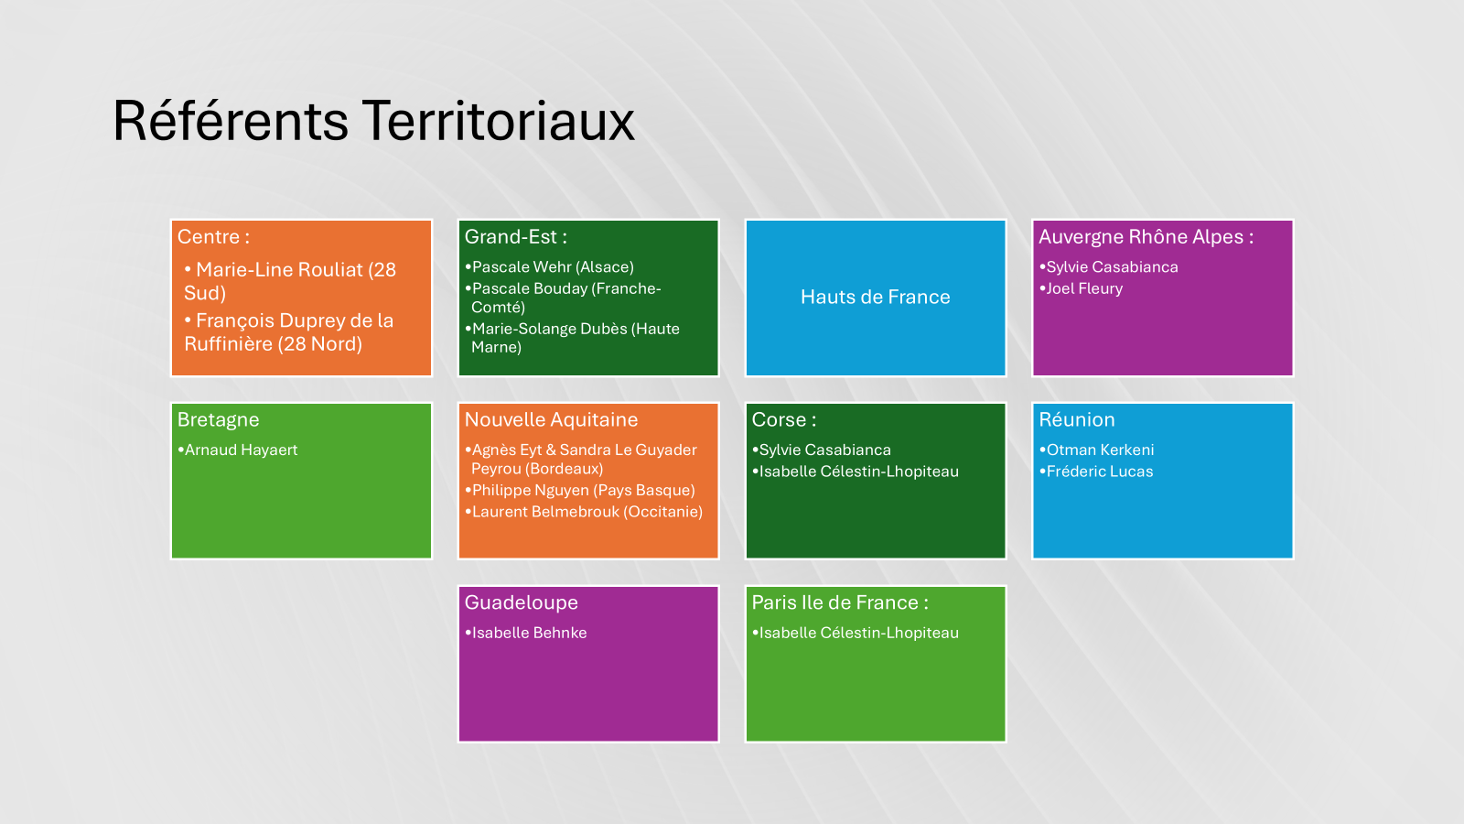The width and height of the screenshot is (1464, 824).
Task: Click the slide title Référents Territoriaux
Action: pyautogui.click(x=374, y=121)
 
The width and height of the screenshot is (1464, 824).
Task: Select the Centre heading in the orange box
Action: pyautogui.click(x=213, y=237)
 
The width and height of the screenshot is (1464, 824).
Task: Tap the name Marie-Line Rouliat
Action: pyautogui.click(x=279, y=269)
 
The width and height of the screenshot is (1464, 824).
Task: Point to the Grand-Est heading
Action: pyautogui.click(x=516, y=237)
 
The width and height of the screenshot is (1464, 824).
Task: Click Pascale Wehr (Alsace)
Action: pyautogui.click(x=553, y=266)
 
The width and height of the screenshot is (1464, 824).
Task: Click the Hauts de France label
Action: pyautogui.click(x=875, y=297)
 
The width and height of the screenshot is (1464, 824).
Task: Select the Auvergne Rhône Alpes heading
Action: pyautogui.click(x=1146, y=237)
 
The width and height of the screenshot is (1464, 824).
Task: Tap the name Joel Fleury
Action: pyautogui.click(x=1084, y=288)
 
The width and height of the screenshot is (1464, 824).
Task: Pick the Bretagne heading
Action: pyautogui.click(x=219, y=420)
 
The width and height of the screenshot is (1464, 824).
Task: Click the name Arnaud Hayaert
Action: pyautogui.click(x=241, y=450)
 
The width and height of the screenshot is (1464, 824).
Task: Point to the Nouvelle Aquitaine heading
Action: pyautogui.click(x=551, y=420)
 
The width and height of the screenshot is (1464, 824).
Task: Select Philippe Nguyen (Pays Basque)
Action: pyautogui.click(x=583, y=491)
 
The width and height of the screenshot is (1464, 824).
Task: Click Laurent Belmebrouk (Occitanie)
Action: pyautogui.click(x=587, y=512)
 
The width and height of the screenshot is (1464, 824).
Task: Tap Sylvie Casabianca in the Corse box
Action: pyautogui.click(x=824, y=450)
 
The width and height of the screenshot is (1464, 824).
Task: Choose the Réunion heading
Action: pyautogui.click(x=1077, y=420)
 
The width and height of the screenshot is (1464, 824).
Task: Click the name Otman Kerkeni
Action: pyautogui.click(x=1100, y=450)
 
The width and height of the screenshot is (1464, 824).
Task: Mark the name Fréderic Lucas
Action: pyautogui.click(x=1099, y=472)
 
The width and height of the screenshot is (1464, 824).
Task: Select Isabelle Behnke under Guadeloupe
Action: pyautogui.click(x=530, y=633)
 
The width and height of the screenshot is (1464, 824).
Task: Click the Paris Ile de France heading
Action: pyautogui.click(x=840, y=602)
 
